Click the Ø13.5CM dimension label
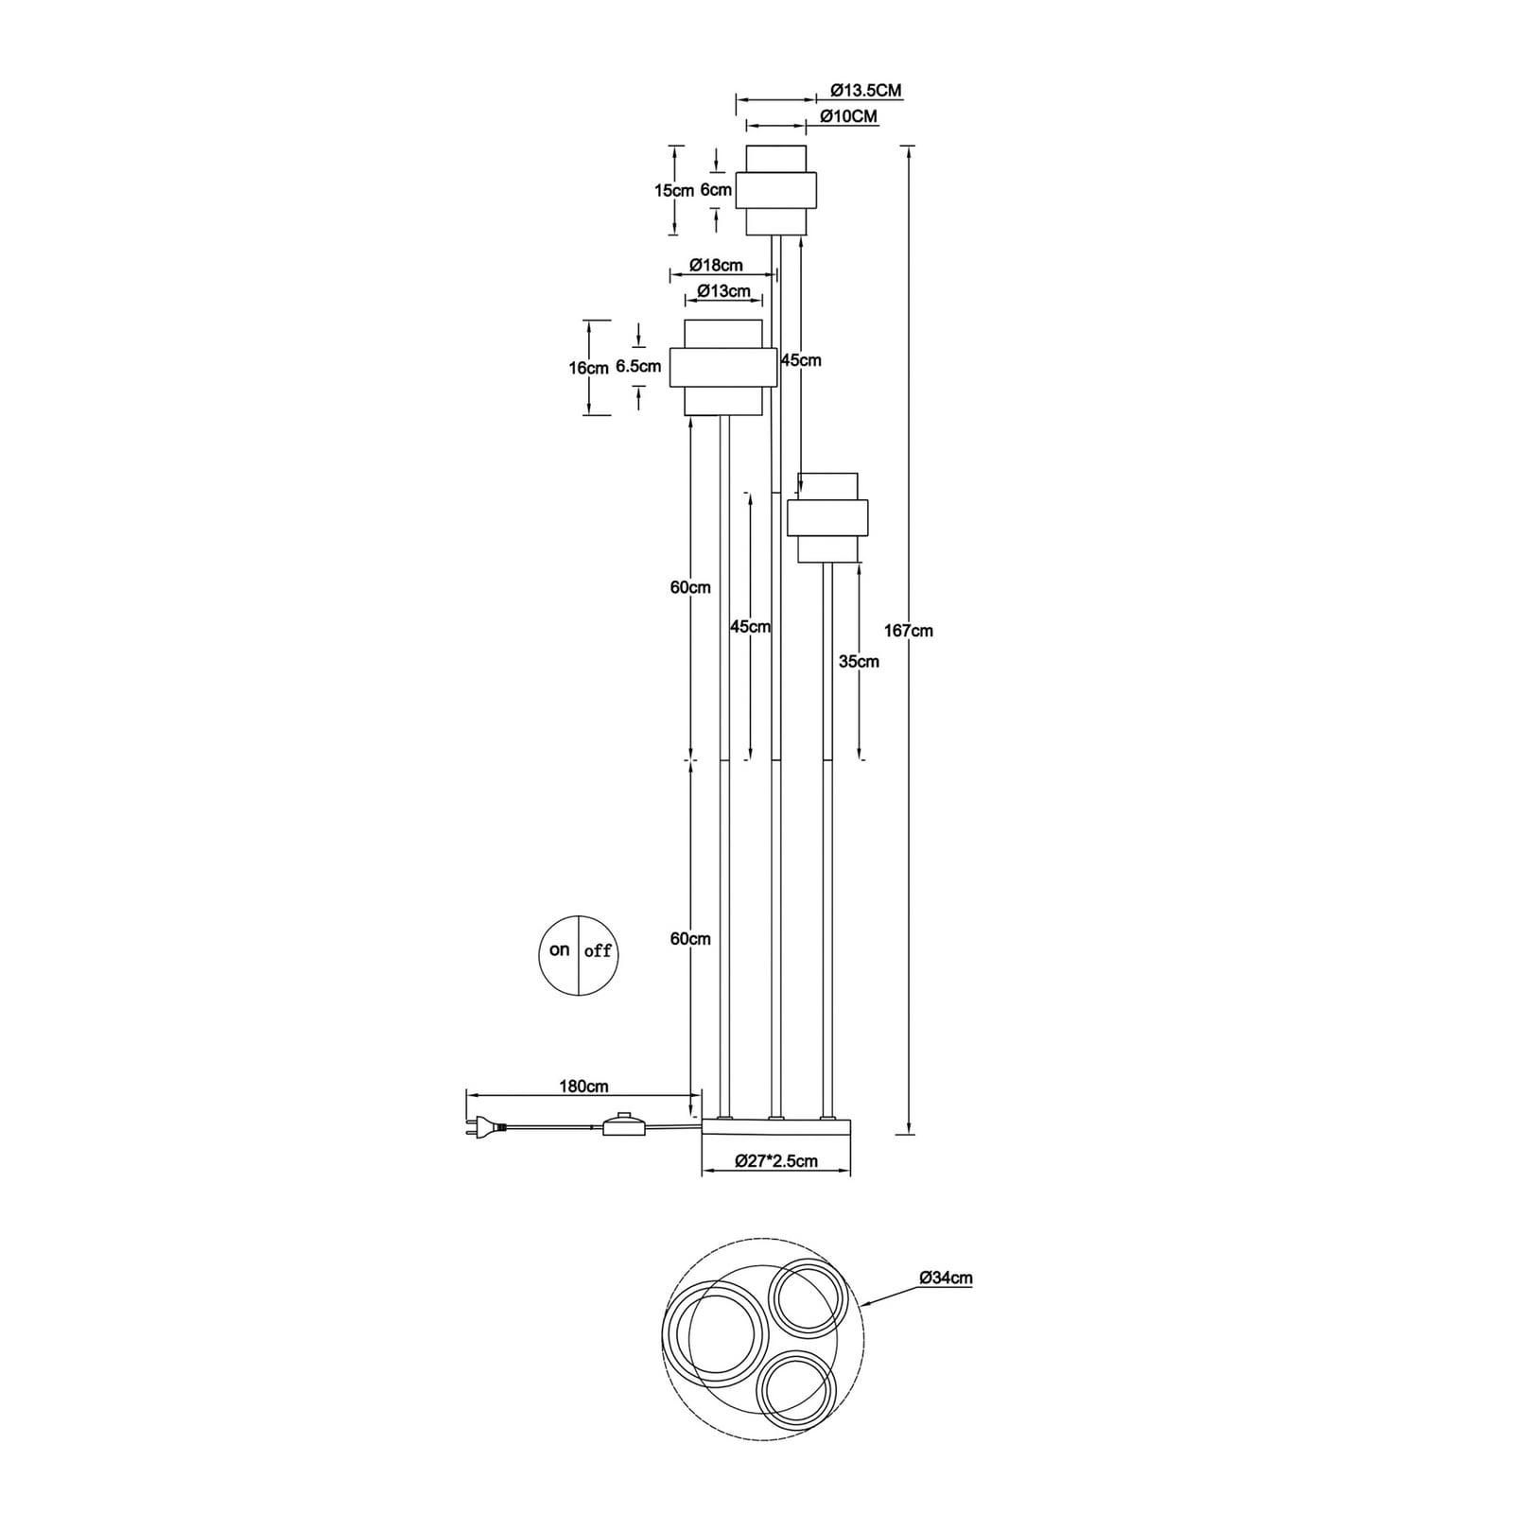click(x=866, y=91)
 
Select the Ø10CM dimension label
click(x=849, y=116)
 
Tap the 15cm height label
click(x=674, y=190)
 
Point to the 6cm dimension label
click(x=716, y=189)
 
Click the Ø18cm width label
click(x=716, y=265)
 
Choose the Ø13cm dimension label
click(x=724, y=291)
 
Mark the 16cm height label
click(x=588, y=368)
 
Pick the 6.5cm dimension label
click(x=638, y=366)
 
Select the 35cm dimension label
click(x=859, y=662)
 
